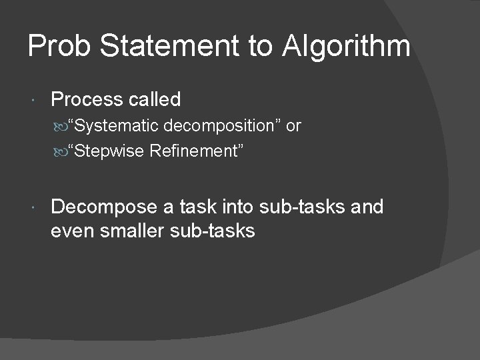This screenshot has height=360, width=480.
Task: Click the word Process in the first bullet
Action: click(83, 100)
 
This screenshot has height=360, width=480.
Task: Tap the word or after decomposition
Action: click(293, 126)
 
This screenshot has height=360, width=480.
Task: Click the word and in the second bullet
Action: click(367, 208)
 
